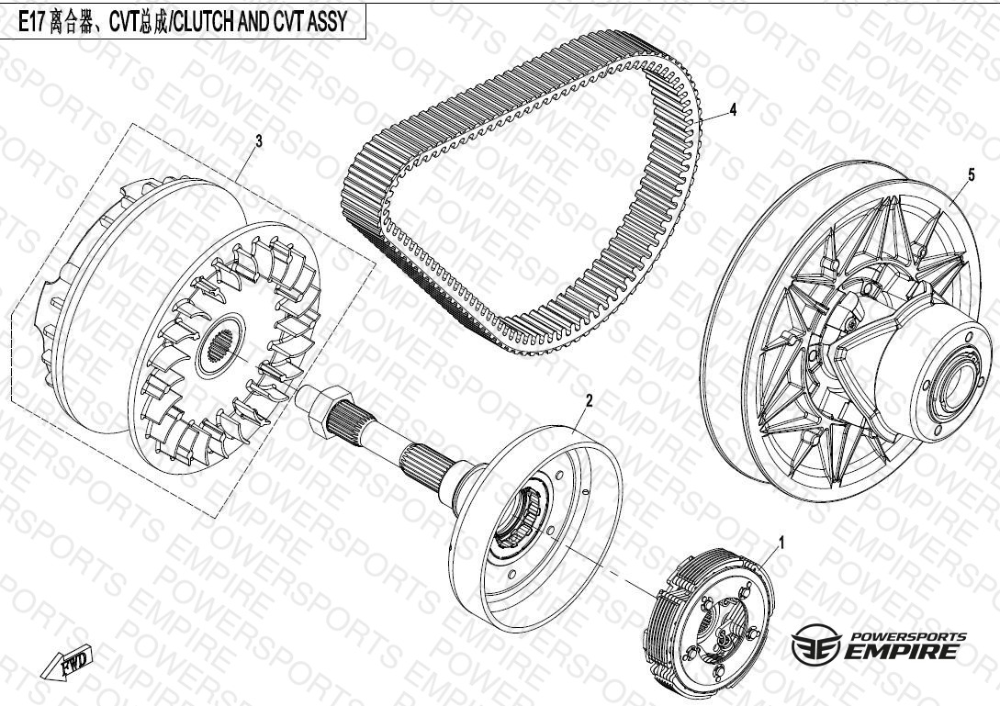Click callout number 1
click(781, 543)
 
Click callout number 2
click(590, 400)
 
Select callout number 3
click(258, 141)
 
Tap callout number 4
click(733, 109)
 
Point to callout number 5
click(972, 174)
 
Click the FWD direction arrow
click(66, 663)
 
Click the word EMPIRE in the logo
click(901, 651)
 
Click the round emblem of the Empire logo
click(815, 644)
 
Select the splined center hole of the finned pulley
click(220, 348)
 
